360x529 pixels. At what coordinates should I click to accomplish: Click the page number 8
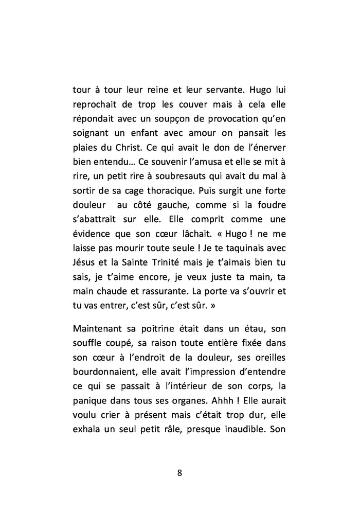coord(179,473)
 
